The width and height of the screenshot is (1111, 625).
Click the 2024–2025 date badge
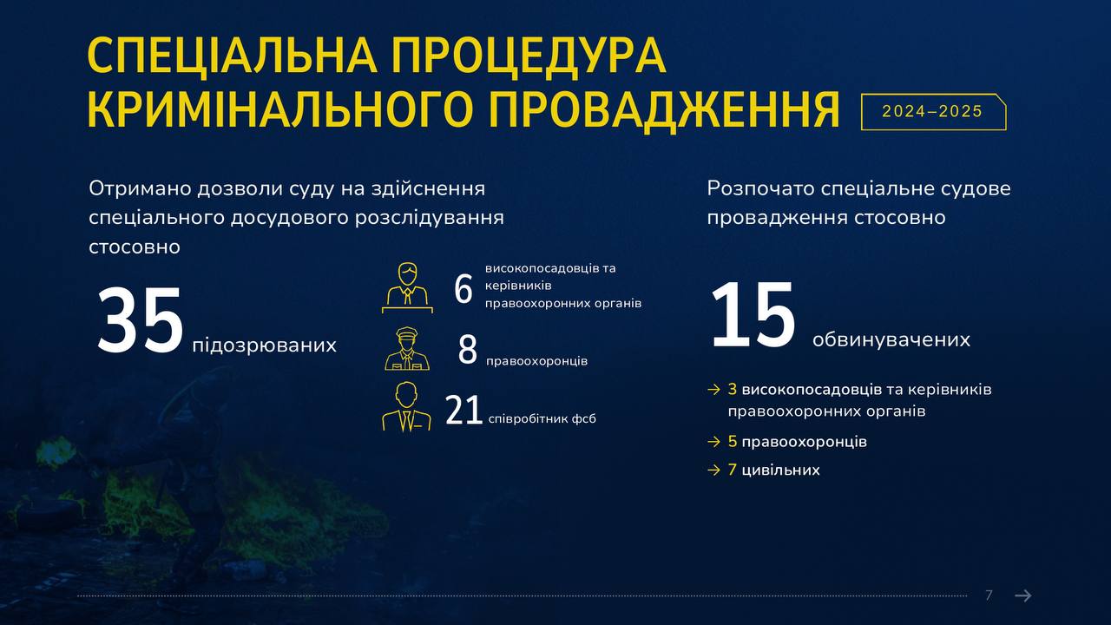(933, 112)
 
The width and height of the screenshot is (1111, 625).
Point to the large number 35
(141, 320)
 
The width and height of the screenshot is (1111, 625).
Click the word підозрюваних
(265, 345)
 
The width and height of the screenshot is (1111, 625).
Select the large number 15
(753, 314)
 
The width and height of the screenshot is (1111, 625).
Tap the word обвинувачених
(891, 339)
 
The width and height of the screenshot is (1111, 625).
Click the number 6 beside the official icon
(463, 289)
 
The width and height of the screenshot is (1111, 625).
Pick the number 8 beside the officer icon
(467, 350)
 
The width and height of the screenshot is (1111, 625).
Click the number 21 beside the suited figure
(463, 411)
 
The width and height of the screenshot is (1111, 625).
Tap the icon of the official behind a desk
(407, 287)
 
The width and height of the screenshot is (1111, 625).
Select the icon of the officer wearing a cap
(407, 349)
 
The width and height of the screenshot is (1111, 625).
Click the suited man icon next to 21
(406, 407)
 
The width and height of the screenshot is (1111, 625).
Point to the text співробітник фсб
(542, 419)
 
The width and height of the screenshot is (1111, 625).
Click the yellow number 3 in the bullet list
(732, 390)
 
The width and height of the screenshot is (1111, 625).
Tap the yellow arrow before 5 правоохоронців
(713, 442)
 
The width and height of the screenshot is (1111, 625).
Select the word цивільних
(780, 470)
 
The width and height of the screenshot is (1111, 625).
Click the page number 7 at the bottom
(989, 595)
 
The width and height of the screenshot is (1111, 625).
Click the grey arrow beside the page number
(1023, 595)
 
